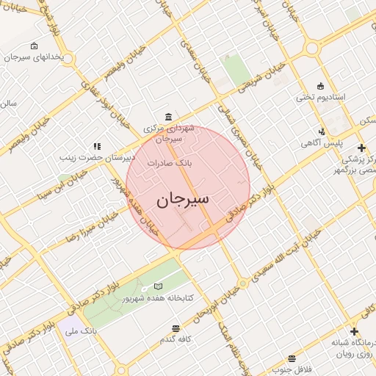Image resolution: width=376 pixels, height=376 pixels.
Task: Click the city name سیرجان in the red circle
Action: coord(183,199)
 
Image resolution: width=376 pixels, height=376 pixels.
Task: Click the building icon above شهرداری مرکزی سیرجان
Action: coord(169,117)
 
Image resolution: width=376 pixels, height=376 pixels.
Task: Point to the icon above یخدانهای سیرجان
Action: coord(35,46)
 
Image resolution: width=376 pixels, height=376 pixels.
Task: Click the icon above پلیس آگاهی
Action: coord(322,131)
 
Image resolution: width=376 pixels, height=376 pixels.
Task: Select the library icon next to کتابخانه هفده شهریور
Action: coord(159,286)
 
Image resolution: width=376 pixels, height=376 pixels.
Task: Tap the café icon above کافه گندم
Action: coord(176,328)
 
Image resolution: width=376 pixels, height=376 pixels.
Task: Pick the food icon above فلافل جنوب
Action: coord(292,358)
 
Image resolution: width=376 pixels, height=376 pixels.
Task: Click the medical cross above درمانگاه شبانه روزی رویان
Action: coord(354,332)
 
